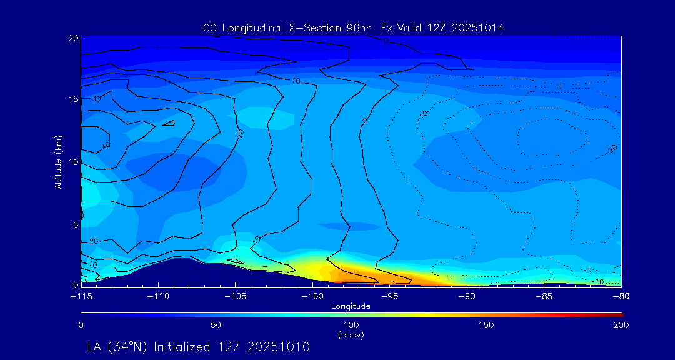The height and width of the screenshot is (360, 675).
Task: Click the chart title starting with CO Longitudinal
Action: pos(353,28)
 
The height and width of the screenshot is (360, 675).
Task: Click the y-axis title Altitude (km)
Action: pos(58,161)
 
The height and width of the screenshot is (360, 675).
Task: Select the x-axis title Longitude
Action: pos(351,306)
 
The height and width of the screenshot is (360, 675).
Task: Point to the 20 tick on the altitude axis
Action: pos(73,38)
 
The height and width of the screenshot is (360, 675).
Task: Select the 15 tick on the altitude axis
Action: pos(73,99)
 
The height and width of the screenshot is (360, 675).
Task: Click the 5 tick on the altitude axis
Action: pos(76,224)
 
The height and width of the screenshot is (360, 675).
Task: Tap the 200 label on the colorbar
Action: pos(621,325)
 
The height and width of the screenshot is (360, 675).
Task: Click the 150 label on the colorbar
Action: pos(486,325)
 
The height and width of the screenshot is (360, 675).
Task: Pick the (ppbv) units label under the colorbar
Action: pos(351,335)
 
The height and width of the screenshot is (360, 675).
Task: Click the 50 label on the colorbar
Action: pos(216,325)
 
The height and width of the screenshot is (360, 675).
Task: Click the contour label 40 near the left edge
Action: pos(106,145)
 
